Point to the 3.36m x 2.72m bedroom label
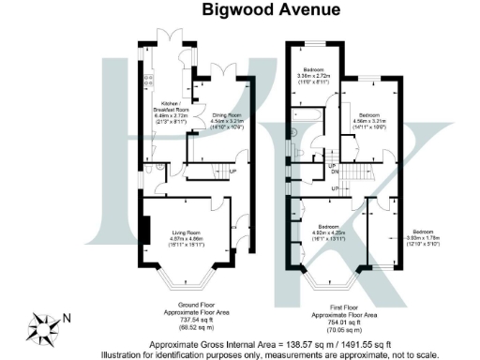(x=315, y=76)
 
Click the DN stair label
(x=334, y=172)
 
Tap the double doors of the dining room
(x=219, y=73)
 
